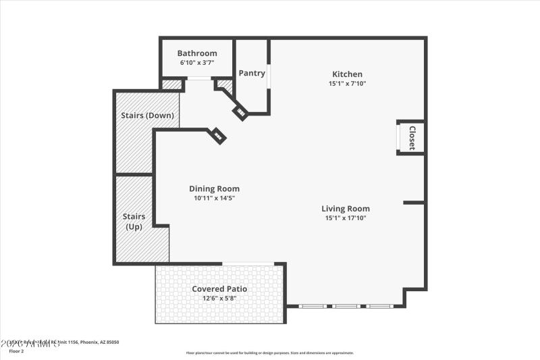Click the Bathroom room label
click(x=197, y=53)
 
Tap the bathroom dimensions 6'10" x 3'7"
click(x=197, y=63)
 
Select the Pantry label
click(x=252, y=73)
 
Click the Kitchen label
click(x=347, y=74)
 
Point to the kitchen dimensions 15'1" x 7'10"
click(x=347, y=84)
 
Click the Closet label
click(x=412, y=138)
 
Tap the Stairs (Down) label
click(x=147, y=115)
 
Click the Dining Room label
click(x=214, y=189)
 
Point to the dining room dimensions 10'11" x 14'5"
click(x=214, y=198)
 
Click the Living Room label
click(x=345, y=209)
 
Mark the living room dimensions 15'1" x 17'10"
click(x=345, y=218)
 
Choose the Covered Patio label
click(x=219, y=289)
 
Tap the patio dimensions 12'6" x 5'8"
click(x=219, y=298)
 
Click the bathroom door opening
click(x=198, y=80)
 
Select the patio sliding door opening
click(x=248, y=263)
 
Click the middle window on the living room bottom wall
click(x=346, y=307)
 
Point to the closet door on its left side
click(x=398, y=138)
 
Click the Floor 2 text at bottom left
click(x=16, y=351)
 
